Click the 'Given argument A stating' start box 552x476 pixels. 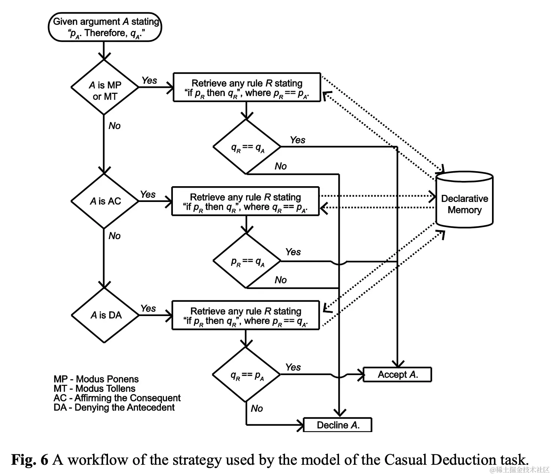click(x=105, y=27)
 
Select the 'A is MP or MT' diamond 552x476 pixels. click(x=105, y=87)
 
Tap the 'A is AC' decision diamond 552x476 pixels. click(x=105, y=201)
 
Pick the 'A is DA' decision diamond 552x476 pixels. click(x=105, y=315)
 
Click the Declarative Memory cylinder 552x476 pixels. click(x=464, y=200)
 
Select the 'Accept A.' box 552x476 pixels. click(x=397, y=374)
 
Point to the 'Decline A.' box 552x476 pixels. click(x=337, y=425)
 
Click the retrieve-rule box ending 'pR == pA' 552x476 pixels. click(x=247, y=87)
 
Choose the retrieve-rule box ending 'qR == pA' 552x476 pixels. click(x=245, y=202)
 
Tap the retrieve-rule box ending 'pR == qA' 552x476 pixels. click(x=246, y=315)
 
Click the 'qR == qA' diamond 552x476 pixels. click(x=247, y=147)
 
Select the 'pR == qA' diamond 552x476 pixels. click(x=247, y=261)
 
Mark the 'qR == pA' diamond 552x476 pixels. click(x=246, y=375)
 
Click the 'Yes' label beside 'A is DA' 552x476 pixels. click(x=148, y=309)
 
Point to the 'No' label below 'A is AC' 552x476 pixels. click(x=115, y=236)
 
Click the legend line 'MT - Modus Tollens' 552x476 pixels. click(x=94, y=389)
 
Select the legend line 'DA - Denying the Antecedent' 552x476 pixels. click(x=114, y=407)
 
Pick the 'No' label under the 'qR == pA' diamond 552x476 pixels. click(x=257, y=408)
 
